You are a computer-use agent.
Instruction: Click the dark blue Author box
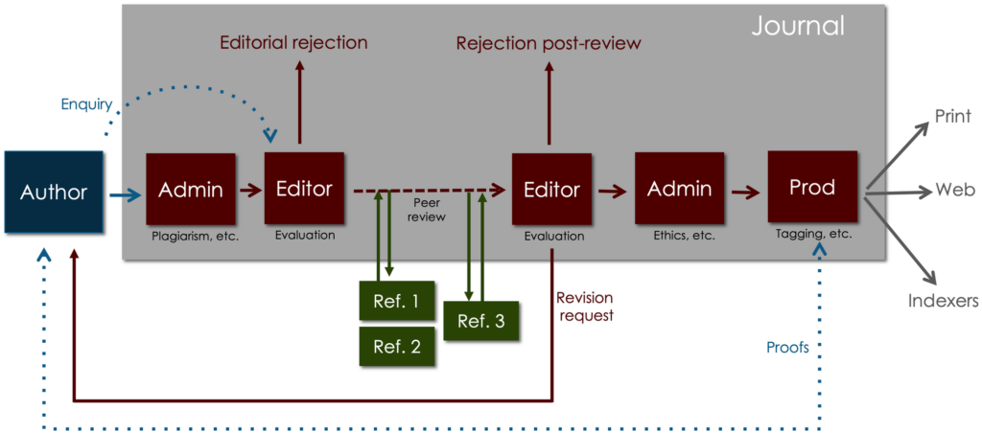coord(54,192)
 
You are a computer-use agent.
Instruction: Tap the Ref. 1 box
coord(395,301)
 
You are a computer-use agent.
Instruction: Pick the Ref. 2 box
coord(395,347)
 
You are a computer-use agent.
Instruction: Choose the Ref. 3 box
coord(480,321)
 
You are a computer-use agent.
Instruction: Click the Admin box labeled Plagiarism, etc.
coord(191,190)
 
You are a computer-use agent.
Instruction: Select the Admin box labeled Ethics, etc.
coord(680,190)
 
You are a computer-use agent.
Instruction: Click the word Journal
coord(798,26)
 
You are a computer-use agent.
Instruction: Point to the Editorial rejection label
coord(293,42)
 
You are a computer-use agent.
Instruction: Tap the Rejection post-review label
coord(548,42)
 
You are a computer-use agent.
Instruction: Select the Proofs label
coord(787,347)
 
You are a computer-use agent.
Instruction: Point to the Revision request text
coord(584,307)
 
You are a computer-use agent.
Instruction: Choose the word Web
coord(954,192)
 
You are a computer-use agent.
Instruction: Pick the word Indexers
coord(943,301)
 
